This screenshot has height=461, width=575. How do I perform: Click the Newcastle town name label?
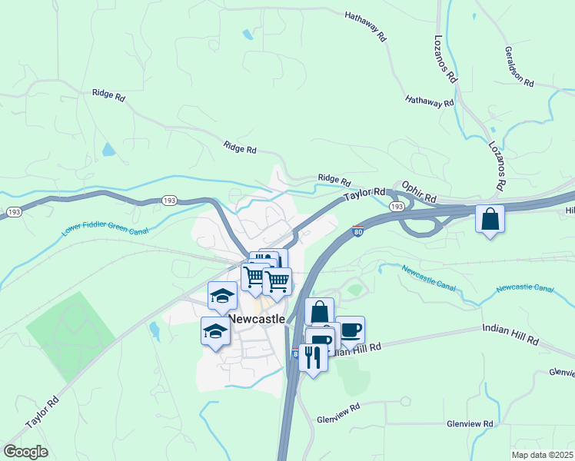click(257, 318)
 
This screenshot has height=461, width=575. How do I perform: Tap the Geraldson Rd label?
click(519, 66)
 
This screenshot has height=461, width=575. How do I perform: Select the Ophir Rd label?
click(420, 198)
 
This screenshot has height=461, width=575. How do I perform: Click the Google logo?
click(25, 452)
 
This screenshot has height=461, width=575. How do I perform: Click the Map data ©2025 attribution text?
click(542, 455)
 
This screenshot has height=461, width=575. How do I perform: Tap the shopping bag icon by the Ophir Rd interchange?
click(490, 220)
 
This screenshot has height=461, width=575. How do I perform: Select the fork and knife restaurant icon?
click(313, 357)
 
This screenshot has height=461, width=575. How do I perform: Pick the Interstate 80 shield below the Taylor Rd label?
click(358, 230)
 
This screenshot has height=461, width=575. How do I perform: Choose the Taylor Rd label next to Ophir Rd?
click(364, 195)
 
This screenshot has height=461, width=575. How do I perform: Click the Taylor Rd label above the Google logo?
click(42, 413)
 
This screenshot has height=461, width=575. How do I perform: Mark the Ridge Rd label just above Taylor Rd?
click(334, 179)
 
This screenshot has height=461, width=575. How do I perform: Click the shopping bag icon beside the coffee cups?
click(320, 312)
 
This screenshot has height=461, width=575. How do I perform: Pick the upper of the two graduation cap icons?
click(223, 294)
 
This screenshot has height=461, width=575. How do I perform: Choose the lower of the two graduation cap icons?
click(215, 330)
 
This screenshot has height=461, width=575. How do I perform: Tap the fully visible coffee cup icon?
click(350, 330)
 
